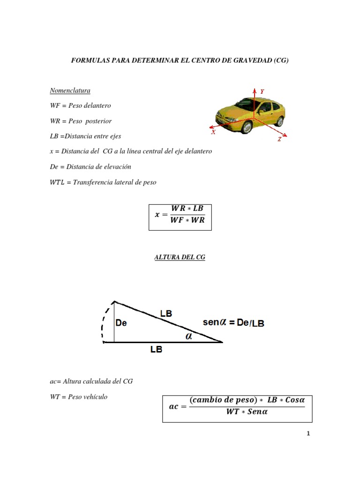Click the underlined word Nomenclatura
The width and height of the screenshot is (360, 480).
(x=70, y=90)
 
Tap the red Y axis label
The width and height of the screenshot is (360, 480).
(x=262, y=92)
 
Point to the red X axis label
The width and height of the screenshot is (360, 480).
(x=213, y=132)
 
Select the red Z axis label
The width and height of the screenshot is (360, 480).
(x=279, y=140)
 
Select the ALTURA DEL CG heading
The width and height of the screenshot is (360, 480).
(x=180, y=257)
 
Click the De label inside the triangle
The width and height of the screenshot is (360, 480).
(x=121, y=323)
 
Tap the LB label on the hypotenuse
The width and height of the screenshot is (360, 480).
(x=166, y=314)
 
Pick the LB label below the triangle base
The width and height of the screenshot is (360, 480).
(x=156, y=349)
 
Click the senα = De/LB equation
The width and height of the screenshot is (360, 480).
(x=233, y=323)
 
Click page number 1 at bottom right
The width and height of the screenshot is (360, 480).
(x=307, y=434)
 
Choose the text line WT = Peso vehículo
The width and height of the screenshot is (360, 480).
(x=79, y=397)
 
